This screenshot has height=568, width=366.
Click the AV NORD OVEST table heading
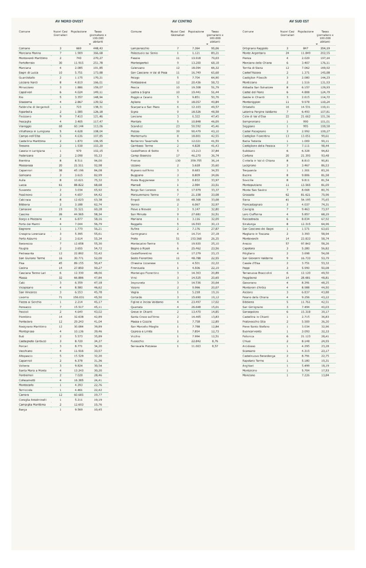pyautogui.click(x=70, y=21)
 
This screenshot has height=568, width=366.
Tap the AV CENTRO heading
pyautogui.click(x=182, y=21)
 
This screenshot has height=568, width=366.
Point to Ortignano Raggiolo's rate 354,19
pyautogui.click(x=325, y=48)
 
